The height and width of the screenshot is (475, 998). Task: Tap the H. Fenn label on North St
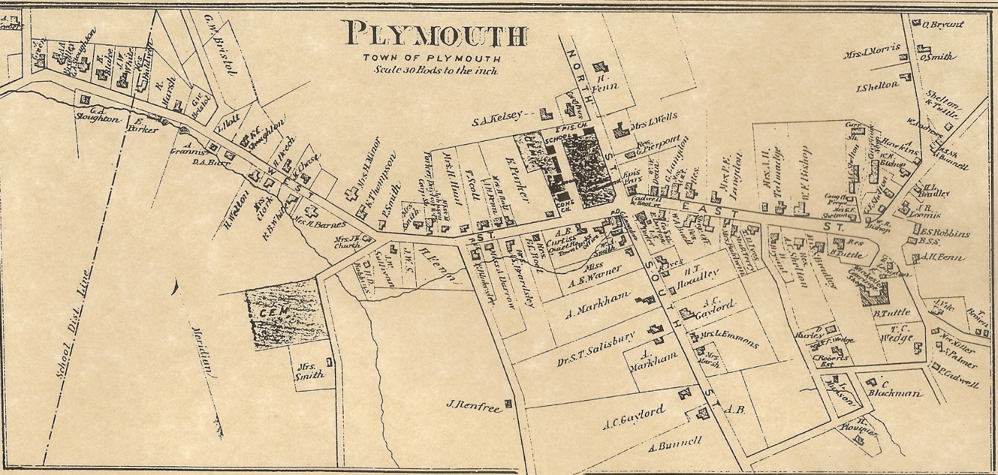tap(606, 82)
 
